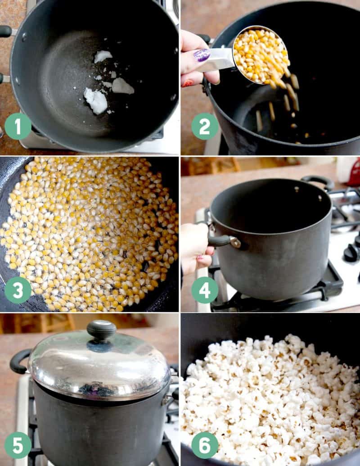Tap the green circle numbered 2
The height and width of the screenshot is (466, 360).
coord(205,127)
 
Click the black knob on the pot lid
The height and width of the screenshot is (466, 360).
coord(101,330)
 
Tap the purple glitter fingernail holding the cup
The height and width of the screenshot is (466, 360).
coord(202,55)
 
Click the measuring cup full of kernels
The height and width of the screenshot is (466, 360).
coord(260,55)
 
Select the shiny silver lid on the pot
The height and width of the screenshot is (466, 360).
coord(99,365)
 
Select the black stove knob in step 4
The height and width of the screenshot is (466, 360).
coord(351,253)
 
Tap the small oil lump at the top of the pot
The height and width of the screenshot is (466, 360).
coord(103,56)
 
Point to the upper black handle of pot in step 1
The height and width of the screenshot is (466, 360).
coord(5,31)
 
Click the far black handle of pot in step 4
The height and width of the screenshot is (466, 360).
coord(318,181)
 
